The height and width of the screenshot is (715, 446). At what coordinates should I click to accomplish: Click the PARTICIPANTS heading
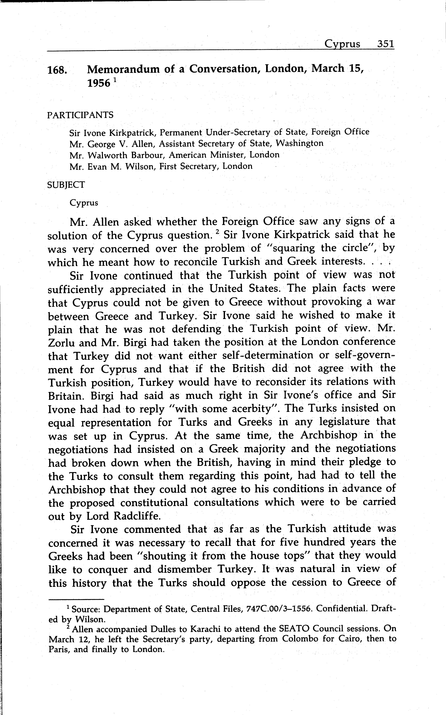coord(80,115)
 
